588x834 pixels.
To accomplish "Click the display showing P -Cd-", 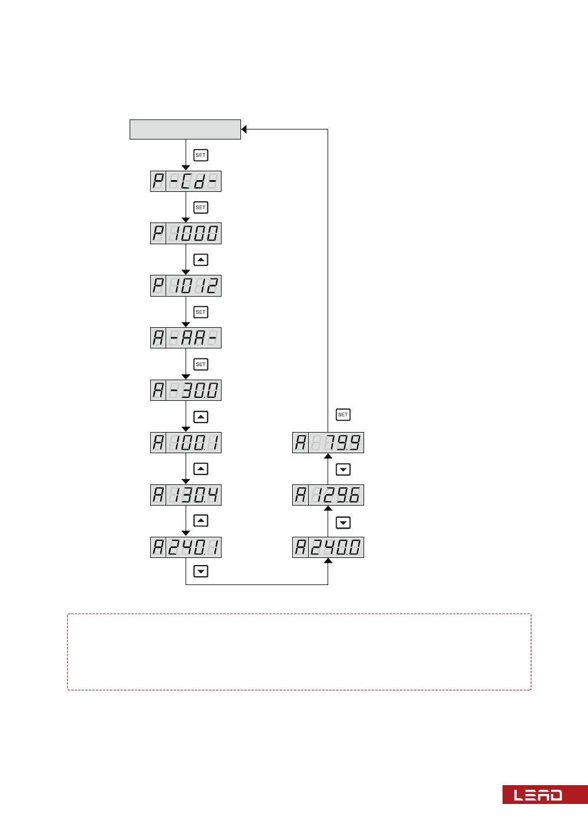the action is coord(186,181).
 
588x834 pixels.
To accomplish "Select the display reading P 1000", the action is coord(186,234).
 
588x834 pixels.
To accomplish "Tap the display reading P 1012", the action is coord(186,286).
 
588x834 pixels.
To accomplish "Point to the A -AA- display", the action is coord(186,338).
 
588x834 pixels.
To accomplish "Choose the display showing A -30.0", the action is coord(186,390).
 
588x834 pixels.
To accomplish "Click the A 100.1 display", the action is coord(186,443).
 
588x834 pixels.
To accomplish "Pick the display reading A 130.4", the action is coord(186,495).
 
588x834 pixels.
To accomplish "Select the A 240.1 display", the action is coord(186,547).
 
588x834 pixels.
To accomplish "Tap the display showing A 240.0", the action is coord(328,547).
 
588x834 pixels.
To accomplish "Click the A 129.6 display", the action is coord(328,495).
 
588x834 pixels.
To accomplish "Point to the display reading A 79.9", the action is coord(328,443).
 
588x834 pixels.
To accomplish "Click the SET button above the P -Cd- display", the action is coord(201,155).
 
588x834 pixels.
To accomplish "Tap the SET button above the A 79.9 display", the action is coord(343,415).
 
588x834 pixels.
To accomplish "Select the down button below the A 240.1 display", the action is coord(201,571).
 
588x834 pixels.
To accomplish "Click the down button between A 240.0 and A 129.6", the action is coord(343,523).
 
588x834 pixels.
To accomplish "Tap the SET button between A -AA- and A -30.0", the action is coord(201,364).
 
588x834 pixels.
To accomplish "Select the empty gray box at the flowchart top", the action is coord(185,129).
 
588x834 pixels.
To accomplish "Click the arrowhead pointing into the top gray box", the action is coord(244,129).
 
